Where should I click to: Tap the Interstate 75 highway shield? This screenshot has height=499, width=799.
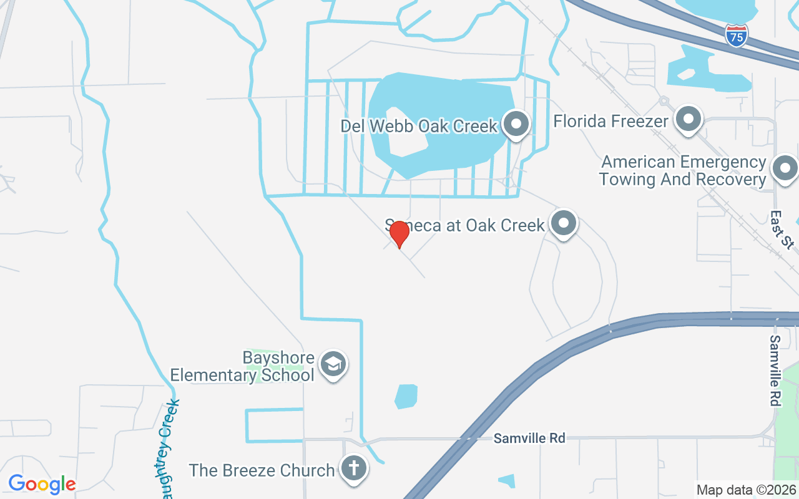coord(737,35)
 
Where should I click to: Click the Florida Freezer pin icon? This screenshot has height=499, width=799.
coord(689,119)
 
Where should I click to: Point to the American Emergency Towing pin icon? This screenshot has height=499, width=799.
coord(785,168)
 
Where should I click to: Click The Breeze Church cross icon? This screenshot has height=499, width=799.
coord(354,468)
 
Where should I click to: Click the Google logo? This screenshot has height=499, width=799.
coord(42,483)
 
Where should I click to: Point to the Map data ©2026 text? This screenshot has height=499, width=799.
coord(746,490)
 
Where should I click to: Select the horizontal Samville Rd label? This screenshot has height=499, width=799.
coord(529,438)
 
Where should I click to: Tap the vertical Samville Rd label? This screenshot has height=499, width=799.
coord(775,371)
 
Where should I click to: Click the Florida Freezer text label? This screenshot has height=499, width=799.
coord(611,120)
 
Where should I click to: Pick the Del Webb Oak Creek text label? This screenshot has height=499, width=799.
coord(419,126)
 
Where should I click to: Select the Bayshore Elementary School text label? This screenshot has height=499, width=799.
coord(243,367)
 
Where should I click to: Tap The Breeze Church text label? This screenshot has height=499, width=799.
coord(262,470)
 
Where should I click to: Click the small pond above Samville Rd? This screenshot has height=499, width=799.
coord(406,396)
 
